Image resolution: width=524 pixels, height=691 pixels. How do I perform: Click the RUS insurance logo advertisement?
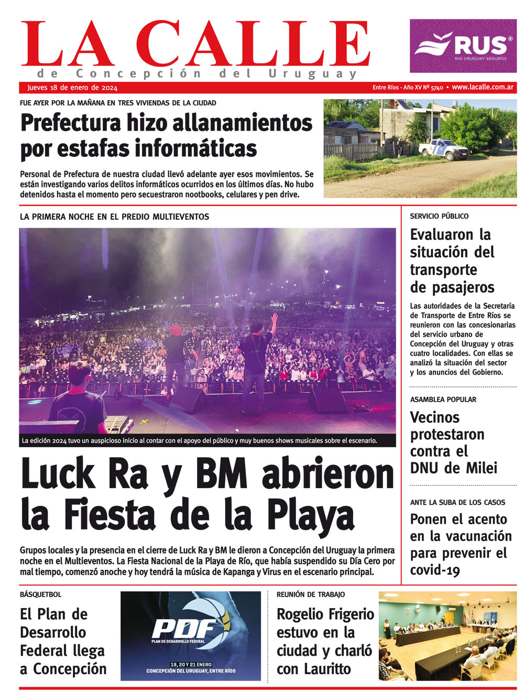(x=463, y=46)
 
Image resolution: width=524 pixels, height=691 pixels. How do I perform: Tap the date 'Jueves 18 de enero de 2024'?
(x=72, y=88)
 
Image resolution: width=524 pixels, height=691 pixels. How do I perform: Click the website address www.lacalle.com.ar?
(x=483, y=87)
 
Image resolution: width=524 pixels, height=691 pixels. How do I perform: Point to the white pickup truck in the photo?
(x=443, y=149)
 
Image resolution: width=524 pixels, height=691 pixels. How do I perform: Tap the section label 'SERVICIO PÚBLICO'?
(x=439, y=216)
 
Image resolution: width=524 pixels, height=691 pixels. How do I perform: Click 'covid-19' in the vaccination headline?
(x=435, y=570)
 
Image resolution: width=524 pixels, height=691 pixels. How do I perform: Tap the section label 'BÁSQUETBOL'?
(x=40, y=595)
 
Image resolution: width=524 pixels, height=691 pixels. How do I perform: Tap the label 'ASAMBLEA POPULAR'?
(x=443, y=400)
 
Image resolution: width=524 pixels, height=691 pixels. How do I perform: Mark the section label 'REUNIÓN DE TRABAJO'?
(x=311, y=595)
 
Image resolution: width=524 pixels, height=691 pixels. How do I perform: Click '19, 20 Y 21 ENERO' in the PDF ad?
(x=190, y=664)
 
